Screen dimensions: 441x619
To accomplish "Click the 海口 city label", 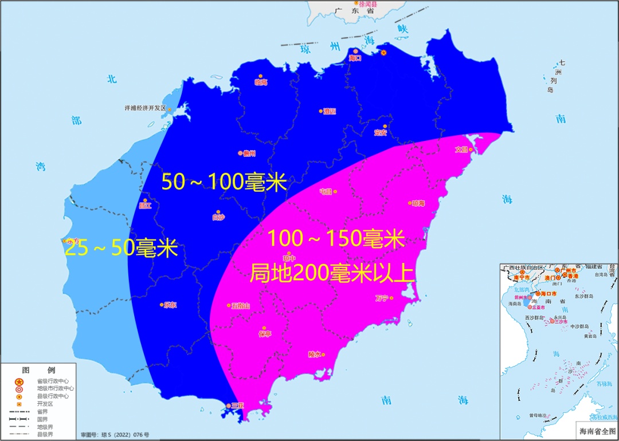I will click(355, 58).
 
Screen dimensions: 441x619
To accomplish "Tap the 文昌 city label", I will click(462, 149).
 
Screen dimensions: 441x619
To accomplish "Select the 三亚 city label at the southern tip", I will click(237, 405).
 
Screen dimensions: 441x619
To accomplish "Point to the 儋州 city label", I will click(249, 153).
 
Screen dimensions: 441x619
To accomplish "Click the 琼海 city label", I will click(418, 203).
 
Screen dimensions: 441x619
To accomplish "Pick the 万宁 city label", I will click(382, 298).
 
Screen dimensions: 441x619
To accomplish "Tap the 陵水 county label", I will click(315, 354).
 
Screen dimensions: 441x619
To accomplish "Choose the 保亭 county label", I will click(265, 334).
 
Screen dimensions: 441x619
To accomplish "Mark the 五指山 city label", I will click(241, 306).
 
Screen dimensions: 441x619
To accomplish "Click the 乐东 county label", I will click(170, 305).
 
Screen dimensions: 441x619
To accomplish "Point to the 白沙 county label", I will click(218, 217).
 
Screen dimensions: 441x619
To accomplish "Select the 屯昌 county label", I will click(326, 191).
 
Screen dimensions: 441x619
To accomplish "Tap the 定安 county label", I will click(381, 132).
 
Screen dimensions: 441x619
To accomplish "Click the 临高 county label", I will click(261, 82).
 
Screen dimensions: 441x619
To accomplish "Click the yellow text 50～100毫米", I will click(224, 182).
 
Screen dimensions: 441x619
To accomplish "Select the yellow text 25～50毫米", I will click(121, 249).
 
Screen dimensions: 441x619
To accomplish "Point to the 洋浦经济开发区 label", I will click(145, 108).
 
